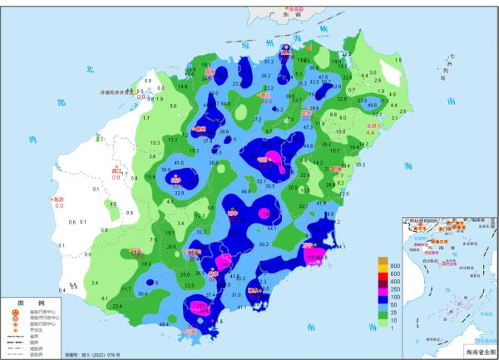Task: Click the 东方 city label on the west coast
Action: click(x=58, y=200)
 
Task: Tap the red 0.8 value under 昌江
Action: click(x=117, y=177)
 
